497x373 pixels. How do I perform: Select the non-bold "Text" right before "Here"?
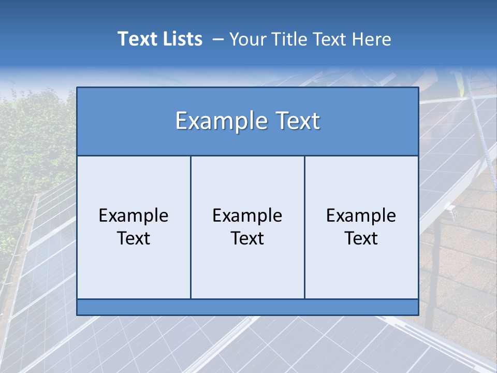click(330, 39)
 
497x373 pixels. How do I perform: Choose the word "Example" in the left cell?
click(134, 216)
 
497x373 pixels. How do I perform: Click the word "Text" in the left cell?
click(134, 238)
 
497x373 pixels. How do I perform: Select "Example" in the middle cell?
click(247, 216)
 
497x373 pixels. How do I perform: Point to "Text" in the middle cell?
click(247, 238)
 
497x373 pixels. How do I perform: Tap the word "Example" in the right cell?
click(361, 216)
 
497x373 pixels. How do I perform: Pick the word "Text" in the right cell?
click(361, 238)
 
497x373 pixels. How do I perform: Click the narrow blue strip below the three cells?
click(247, 307)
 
